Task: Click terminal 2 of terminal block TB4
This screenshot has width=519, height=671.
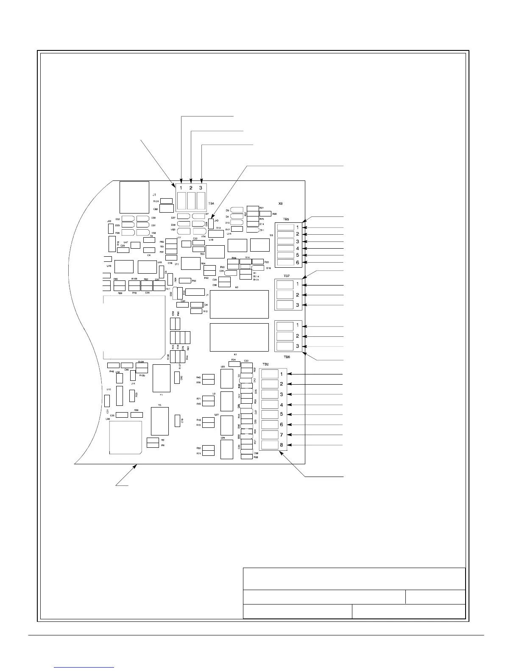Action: point(191,201)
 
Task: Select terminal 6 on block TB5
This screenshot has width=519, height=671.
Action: point(285,263)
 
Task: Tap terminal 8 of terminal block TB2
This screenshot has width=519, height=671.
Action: point(270,445)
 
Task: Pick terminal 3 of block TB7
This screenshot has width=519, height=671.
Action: point(285,305)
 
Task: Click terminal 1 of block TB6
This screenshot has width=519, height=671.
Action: point(285,326)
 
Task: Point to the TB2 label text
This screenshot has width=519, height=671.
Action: point(266,364)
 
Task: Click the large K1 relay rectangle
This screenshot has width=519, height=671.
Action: point(239,337)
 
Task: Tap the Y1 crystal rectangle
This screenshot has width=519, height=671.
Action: point(161,378)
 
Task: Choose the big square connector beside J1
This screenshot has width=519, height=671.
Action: point(134,197)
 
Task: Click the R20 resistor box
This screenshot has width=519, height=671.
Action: point(265,214)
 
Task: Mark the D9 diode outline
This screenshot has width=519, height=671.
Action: point(237,210)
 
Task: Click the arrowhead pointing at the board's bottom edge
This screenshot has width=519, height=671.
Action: point(137,466)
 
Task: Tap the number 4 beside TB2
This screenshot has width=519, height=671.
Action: point(281,405)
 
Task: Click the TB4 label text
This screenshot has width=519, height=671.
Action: point(211,204)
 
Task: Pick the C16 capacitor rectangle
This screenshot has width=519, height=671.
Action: point(177,421)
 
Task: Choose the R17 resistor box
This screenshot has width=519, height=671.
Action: point(237,229)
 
